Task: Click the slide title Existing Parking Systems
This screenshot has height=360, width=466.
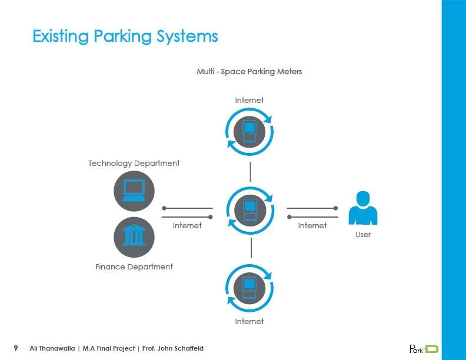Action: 125,36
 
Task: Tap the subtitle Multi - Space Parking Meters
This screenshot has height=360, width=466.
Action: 249,71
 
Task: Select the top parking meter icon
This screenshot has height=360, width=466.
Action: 250,131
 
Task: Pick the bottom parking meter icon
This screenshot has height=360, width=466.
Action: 250,287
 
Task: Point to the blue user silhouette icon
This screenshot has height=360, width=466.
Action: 362,208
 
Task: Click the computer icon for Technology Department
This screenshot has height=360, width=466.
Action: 134,191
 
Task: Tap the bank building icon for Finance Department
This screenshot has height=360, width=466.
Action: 134,236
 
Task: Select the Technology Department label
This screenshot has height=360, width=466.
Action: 134,163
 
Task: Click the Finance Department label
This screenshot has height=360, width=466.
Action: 134,266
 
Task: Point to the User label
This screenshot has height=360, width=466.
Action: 363,234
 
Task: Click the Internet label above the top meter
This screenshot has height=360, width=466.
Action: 249,100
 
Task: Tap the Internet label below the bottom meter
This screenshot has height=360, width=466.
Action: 249,321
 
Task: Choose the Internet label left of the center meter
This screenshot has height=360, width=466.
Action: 187,225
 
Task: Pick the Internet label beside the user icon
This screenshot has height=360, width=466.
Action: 312,225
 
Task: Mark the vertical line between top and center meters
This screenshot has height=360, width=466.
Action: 251,171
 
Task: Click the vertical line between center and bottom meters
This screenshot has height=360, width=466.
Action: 251,247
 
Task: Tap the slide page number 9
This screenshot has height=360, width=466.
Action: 16,348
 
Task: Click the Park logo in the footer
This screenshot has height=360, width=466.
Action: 424,349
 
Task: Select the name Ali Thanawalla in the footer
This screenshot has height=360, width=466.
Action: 53,348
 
